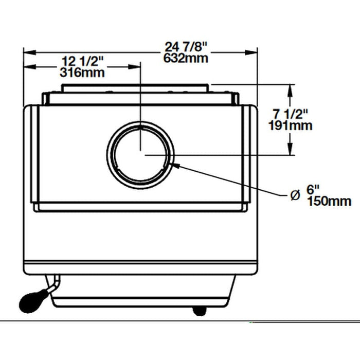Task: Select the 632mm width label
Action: click(186, 58)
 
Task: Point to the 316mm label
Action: click(82, 73)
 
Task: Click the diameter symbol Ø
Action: click(295, 195)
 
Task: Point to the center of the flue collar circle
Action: click(140, 154)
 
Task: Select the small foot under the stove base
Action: click(199, 311)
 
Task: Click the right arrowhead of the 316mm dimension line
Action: click(136, 66)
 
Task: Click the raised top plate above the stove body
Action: click(136, 88)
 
